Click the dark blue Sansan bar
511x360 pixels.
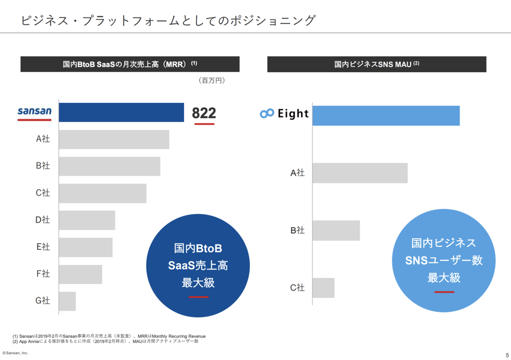click(121, 112)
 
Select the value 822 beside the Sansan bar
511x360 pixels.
click(204, 113)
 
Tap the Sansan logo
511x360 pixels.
click(34, 112)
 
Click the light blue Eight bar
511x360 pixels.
click(386, 116)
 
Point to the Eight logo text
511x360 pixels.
click(293, 114)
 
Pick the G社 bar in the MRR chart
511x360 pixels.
click(67, 301)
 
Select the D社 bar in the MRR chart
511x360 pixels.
click(87, 220)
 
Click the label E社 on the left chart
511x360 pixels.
click(43, 247)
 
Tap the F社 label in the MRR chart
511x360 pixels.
click(43, 274)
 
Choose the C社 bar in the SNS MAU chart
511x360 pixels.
click(323, 288)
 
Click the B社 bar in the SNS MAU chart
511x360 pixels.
click(336, 230)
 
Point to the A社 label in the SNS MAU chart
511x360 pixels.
click(297, 173)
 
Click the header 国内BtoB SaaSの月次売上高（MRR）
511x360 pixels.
click(130, 64)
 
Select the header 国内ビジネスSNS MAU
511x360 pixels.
click(377, 64)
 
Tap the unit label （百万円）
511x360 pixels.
click(212, 80)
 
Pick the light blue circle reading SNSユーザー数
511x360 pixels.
click(444, 260)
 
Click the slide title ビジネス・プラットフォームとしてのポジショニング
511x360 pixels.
click(168, 20)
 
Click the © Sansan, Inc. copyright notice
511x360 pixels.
click(15, 353)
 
